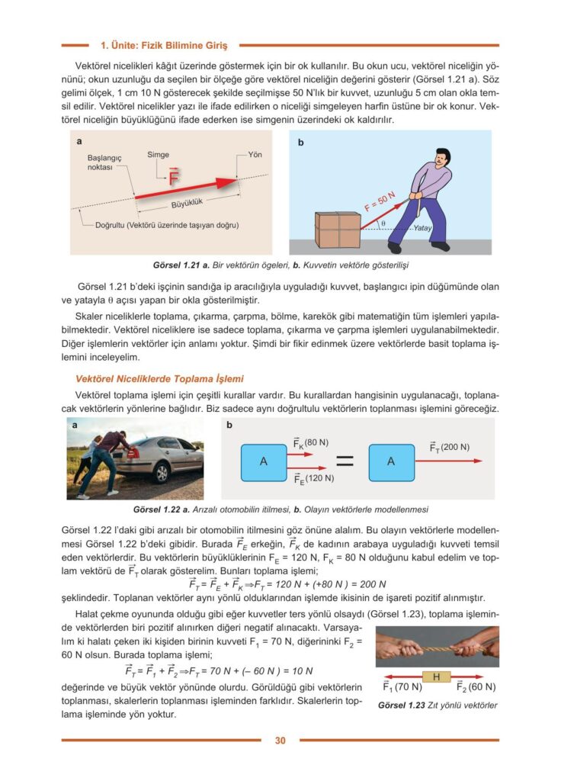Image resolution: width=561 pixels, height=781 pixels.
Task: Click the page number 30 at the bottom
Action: (280, 740)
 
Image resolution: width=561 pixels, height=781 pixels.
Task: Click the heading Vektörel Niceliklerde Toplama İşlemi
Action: (159, 378)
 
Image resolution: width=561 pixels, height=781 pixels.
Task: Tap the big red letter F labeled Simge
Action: (175, 176)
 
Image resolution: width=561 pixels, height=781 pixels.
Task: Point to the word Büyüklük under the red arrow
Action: (186, 204)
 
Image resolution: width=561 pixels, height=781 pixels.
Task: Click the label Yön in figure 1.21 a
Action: (255, 155)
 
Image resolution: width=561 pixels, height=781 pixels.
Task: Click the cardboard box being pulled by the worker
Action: (338, 230)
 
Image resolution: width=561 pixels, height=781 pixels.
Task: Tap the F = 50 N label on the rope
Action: (379, 204)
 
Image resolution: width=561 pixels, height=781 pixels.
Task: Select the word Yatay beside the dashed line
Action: (424, 228)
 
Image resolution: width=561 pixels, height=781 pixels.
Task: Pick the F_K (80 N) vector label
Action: (310, 442)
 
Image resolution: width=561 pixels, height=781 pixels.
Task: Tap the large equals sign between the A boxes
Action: (345, 461)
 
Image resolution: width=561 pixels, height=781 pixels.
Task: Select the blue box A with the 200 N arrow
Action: (391, 461)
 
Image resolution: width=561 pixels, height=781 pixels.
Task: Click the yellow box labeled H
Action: (437, 675)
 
